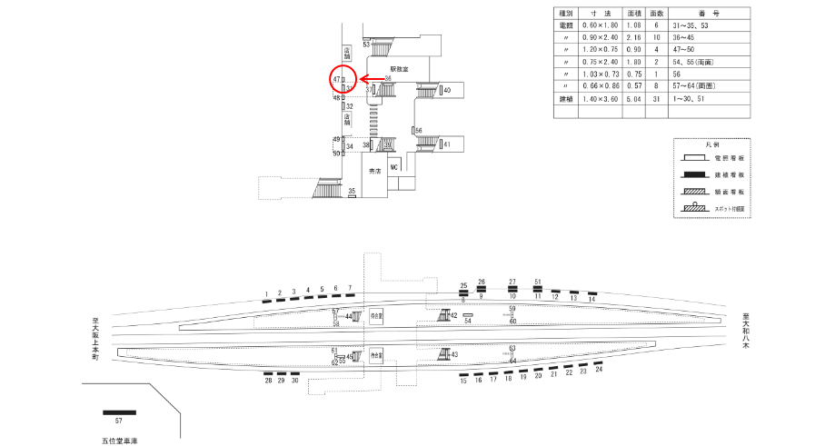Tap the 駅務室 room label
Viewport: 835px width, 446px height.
click(401, 68)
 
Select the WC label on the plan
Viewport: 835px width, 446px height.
click(394, 168)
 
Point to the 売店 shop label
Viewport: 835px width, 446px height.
click(373, 171)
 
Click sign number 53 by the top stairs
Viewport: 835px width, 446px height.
click(366, 44)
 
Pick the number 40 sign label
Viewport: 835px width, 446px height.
click(447, 90)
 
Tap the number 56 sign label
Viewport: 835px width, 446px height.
click(418, 131)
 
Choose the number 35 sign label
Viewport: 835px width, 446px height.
click(352, 191)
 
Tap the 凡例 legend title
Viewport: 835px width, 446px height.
click(712, 145)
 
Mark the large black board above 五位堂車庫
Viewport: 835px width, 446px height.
click(119, 413)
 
